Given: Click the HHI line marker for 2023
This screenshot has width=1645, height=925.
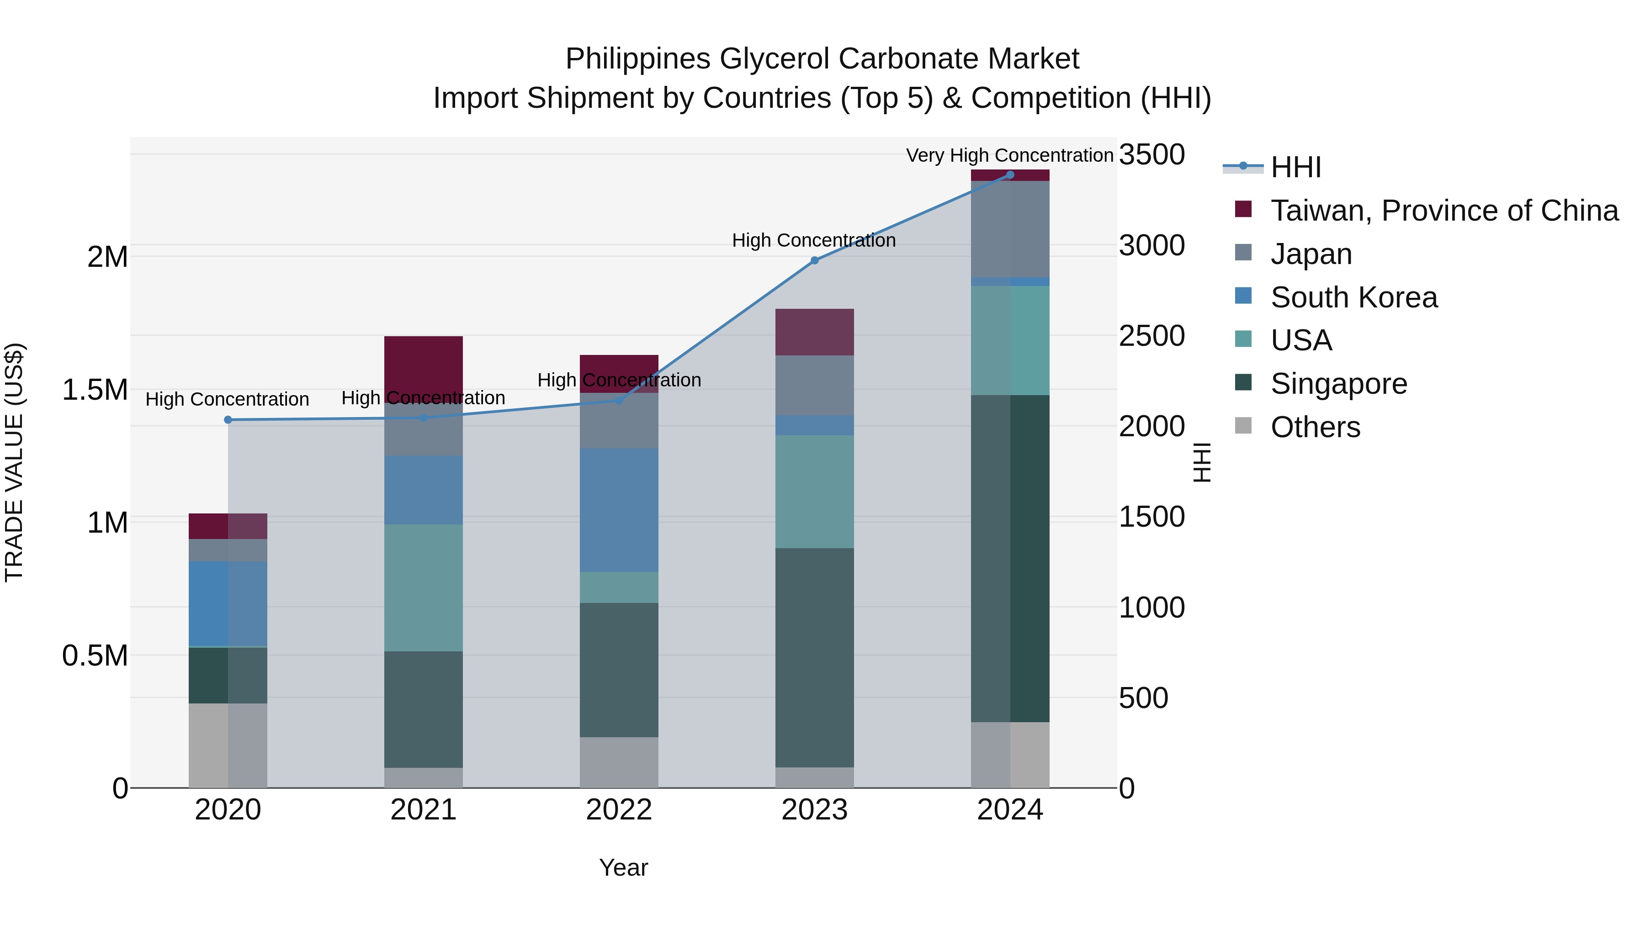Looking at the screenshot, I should (814, 260).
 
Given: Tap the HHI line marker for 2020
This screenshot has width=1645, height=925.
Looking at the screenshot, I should (228, 420).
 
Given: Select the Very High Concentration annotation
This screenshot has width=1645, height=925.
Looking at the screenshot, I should (1009, 155).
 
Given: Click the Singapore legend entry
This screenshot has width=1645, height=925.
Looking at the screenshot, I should (1338, 384).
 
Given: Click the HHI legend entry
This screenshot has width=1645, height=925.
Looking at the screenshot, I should (1295, 167).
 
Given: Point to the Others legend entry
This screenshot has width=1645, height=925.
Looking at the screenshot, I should (1315, 427).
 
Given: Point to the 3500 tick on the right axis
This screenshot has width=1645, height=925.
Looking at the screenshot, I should (1152, 155).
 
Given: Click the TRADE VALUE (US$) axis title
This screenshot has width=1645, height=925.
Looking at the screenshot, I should (14, 463).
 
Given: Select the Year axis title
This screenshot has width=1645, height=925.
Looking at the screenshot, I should (623, 867).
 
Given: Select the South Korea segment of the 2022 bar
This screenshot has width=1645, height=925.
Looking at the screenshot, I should (619, 510).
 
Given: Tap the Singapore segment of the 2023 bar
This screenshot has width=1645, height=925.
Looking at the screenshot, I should (814, 657).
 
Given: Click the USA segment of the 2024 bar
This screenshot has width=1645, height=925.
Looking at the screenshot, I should (1009, 340).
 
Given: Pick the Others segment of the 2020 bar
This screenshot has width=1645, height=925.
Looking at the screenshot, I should (228, 745).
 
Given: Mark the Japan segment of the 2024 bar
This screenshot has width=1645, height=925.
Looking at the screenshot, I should (1009, 229).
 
